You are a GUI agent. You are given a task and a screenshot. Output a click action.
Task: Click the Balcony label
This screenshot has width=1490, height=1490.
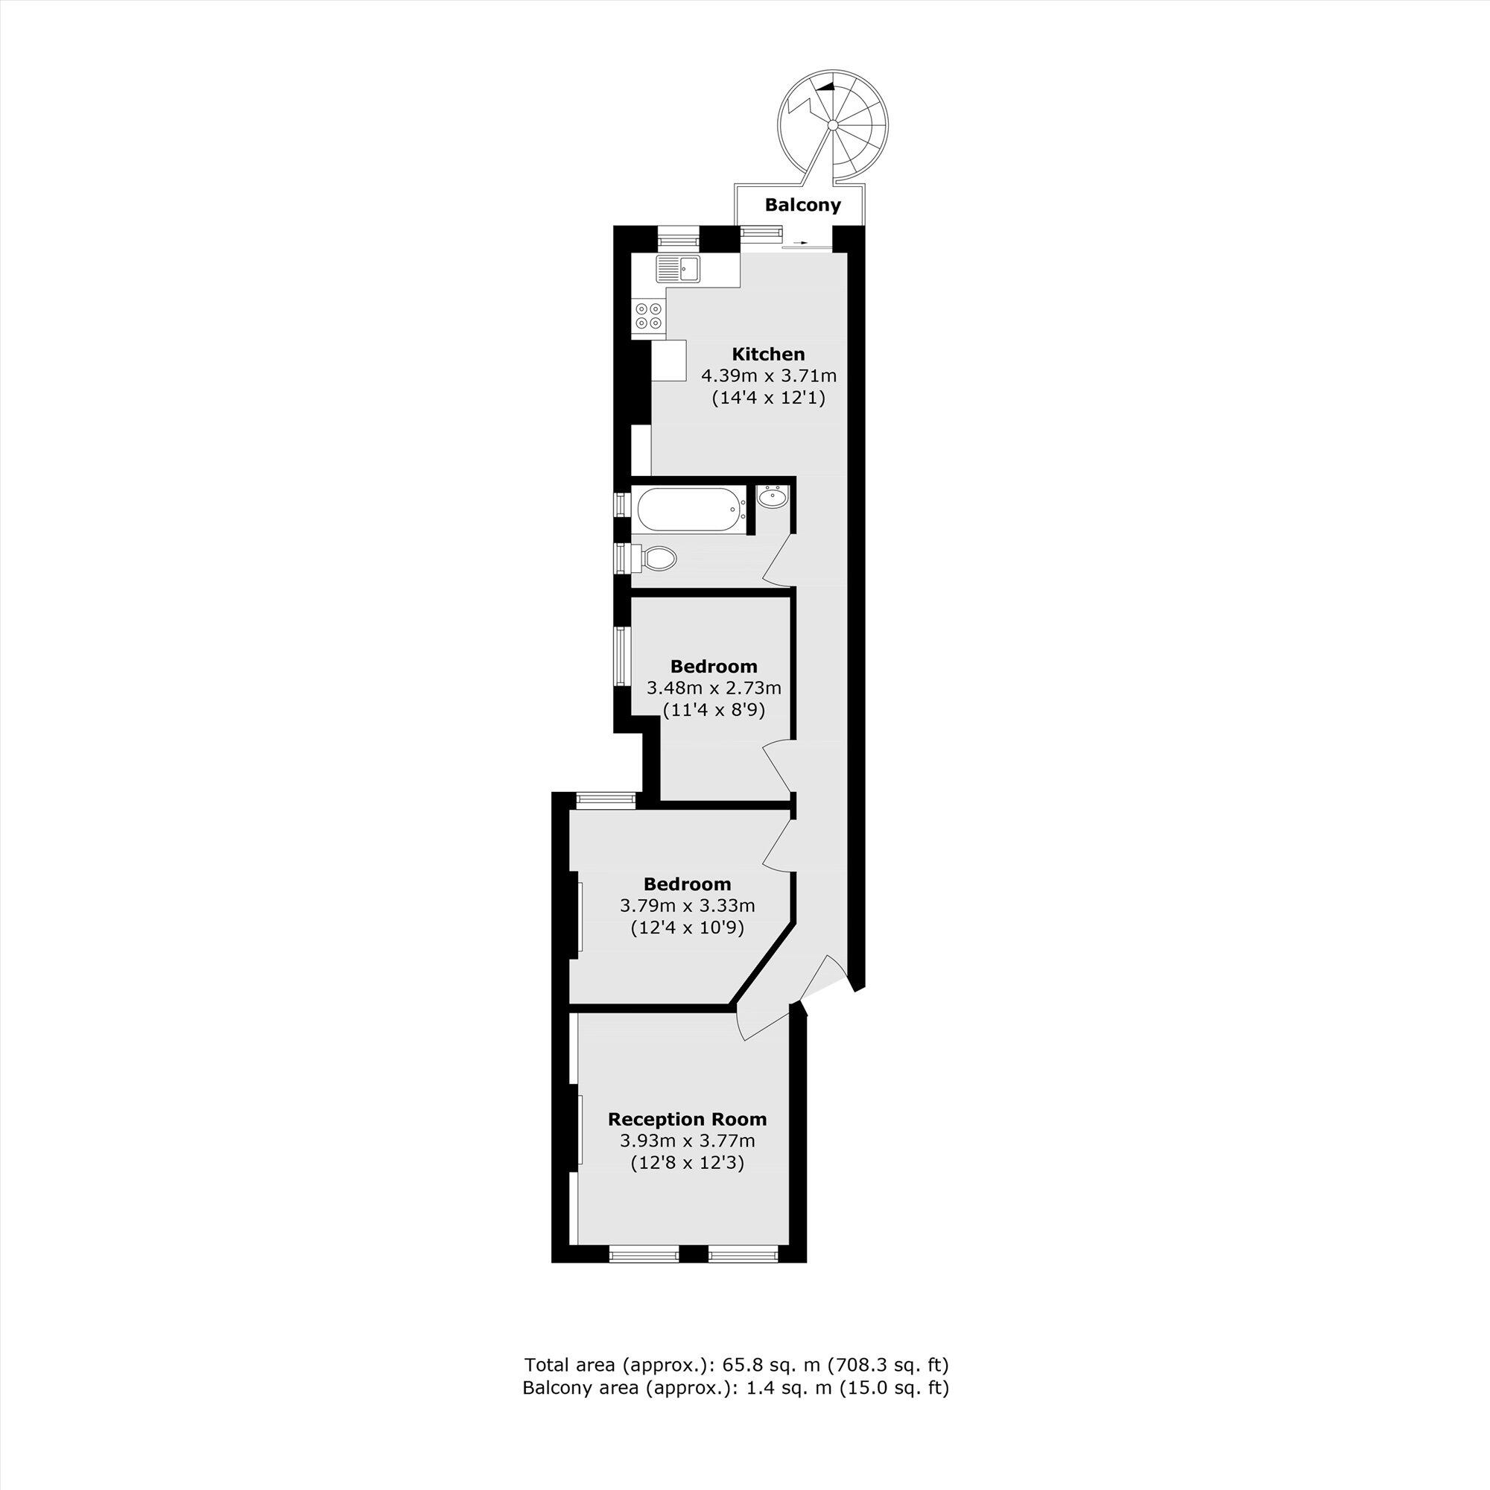[802, 205]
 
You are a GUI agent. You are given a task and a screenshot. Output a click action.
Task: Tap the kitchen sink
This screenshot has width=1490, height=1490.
[138, 268]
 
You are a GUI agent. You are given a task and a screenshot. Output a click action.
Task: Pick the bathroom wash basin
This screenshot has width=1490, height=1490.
[772, 498]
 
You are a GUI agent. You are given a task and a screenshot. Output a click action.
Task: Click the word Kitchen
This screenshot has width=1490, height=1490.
[768, 354]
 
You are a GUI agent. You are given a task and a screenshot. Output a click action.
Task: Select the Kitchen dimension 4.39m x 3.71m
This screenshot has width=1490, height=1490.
[768, 376]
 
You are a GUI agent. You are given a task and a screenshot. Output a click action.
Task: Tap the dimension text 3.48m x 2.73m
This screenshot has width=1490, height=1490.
[714, 688]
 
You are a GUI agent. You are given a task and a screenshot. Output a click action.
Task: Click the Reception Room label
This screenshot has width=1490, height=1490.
[687, 1119]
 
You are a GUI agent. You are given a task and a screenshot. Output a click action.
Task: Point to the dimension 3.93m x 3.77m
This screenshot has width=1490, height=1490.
[687, 1141]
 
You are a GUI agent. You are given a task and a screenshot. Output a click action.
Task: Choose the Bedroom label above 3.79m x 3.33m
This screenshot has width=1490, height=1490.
[687, 884]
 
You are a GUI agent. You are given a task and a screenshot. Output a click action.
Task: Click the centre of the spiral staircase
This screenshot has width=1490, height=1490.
[833, 125]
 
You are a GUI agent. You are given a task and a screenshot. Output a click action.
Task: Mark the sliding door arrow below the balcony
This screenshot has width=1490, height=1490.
[803, 244]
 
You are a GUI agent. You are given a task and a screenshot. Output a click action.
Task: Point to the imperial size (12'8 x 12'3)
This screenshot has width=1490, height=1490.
[687, 1163]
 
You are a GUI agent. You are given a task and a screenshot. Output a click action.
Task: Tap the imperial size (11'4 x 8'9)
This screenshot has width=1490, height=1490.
[714, 709]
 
